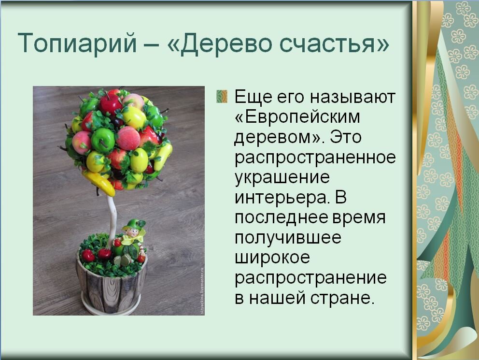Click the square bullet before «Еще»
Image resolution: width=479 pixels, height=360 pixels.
coord(222,96)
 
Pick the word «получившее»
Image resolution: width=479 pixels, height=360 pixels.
coord(288,237)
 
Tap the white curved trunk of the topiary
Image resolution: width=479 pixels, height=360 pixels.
coord(112,213)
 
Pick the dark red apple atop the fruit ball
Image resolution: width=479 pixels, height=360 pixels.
coord(111,103)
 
